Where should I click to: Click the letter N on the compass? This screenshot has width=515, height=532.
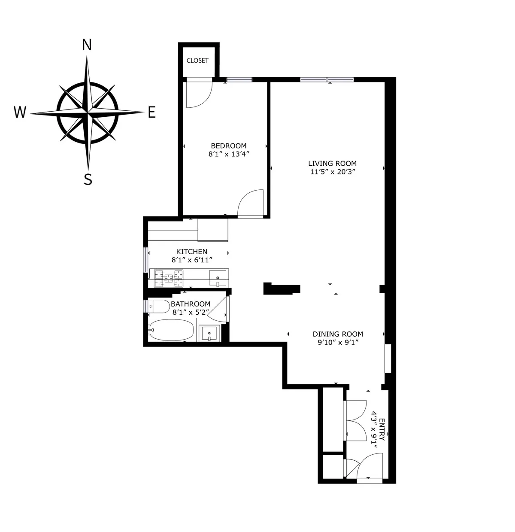click(x=87, y=45)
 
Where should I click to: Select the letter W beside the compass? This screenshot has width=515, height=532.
click(x=20, y=112)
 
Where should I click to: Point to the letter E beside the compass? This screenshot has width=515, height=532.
click(x=151, y=112)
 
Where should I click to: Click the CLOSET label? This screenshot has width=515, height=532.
click(x=197, y=61)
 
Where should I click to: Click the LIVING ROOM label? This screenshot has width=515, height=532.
click(x=332, y=163)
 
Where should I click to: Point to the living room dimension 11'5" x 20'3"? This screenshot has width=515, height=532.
click(x=332, y=172)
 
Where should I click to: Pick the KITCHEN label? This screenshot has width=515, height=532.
click(x=192, y=252)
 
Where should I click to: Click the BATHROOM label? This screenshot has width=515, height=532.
click(x=191, y=304)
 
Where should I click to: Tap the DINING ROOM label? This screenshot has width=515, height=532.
click(x=338, y=334)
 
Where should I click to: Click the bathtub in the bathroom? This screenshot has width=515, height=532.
click(x=172, y=330)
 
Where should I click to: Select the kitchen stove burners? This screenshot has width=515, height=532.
click(x=169, y=278)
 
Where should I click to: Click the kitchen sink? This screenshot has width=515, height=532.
click(x=218, y=278)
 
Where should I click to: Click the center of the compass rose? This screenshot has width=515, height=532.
click(x=88, y=113)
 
